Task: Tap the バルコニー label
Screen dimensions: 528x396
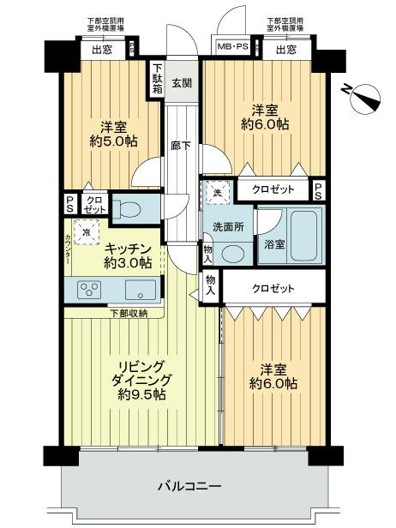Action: (189, 487)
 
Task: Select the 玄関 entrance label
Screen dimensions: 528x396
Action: (181, 83)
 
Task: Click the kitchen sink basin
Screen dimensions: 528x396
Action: (141, 289)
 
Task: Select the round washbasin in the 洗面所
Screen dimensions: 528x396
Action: (230, 252)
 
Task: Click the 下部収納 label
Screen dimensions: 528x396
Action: (128, 313)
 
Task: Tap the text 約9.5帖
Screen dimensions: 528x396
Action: (142, 394)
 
